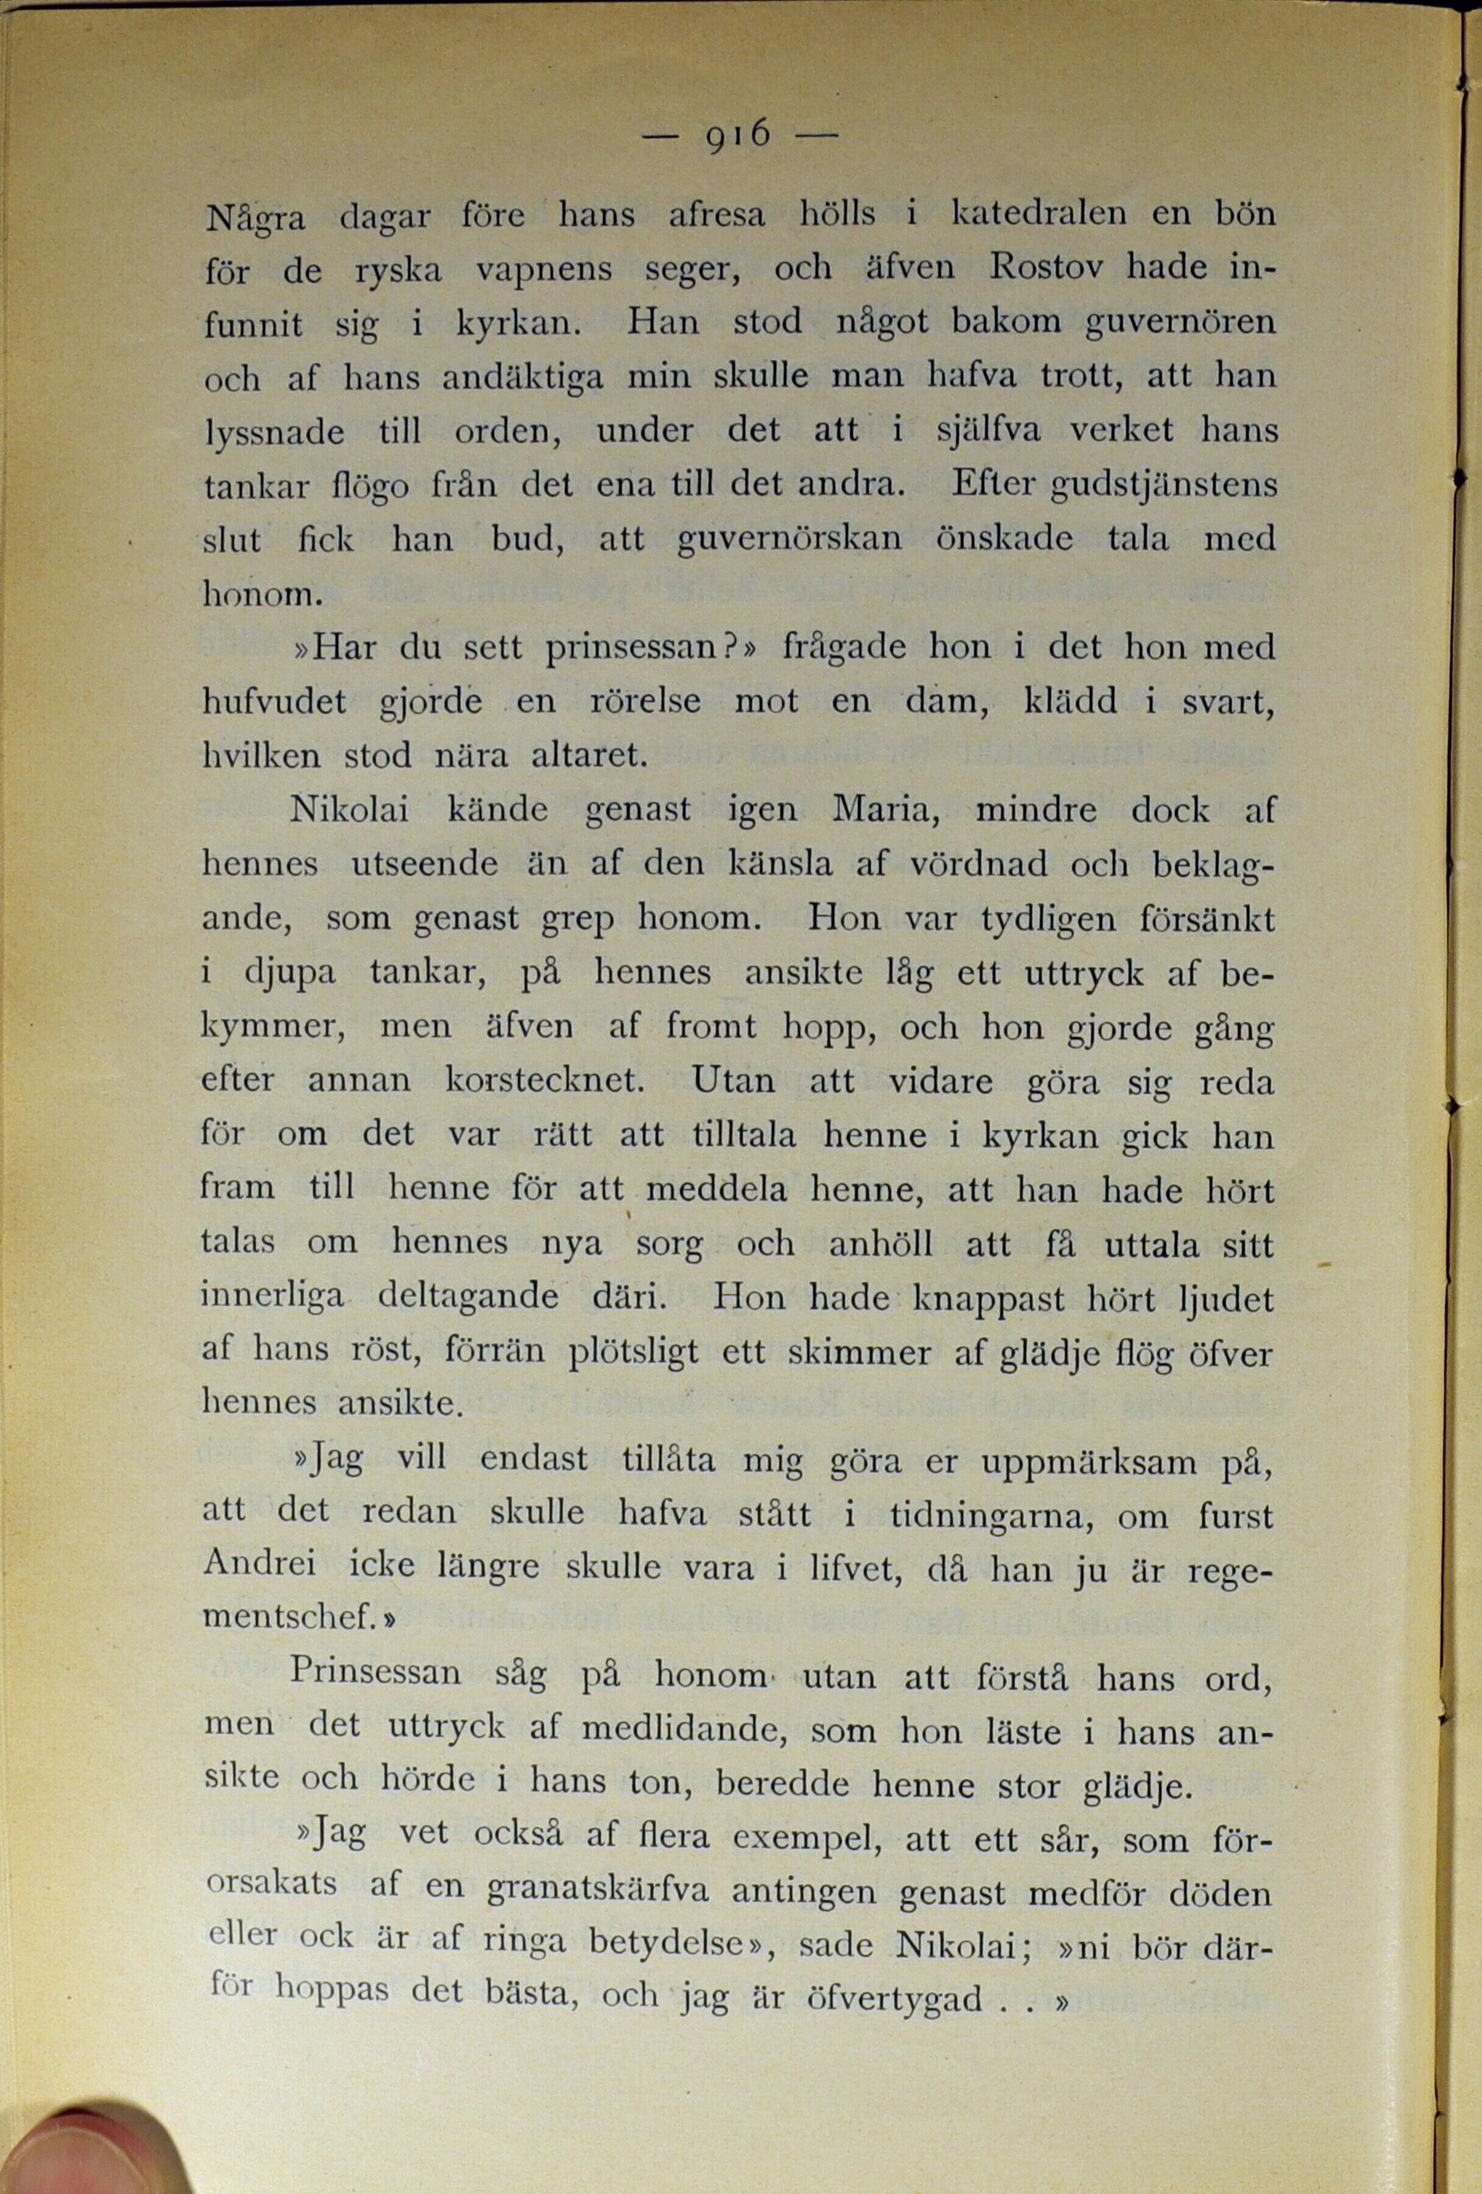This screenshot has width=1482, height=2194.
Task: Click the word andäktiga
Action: pyautogui.click(x=523, y=378)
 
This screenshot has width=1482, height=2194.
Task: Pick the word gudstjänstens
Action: pyautogui.click(x=1165, y=485)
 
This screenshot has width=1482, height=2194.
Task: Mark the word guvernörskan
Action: pyautogui.click(x=789, y=540)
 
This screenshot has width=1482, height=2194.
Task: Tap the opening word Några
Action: pyautogui.click(x=255, y=219)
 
